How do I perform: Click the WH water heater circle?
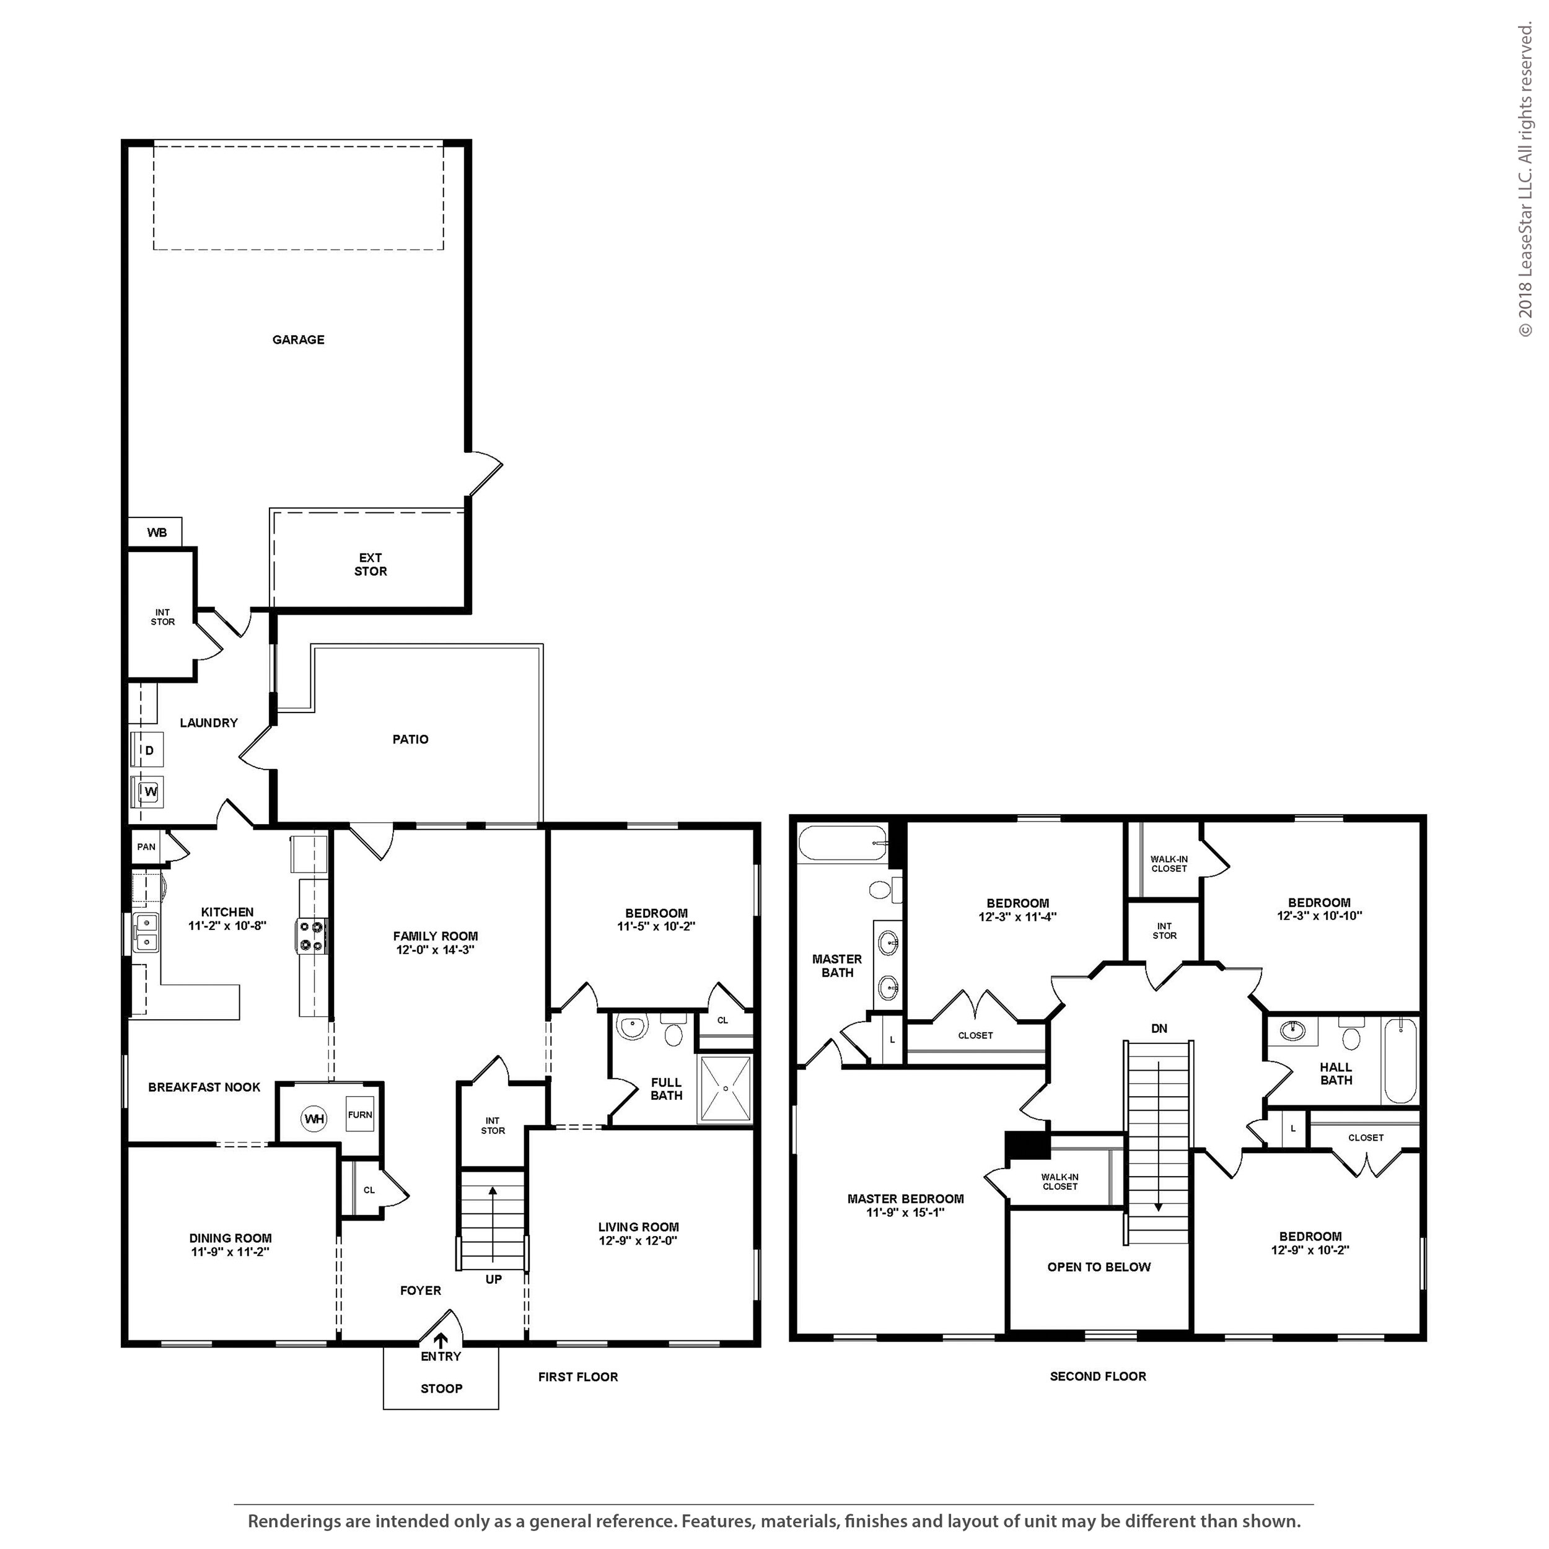(x=314, y=1118)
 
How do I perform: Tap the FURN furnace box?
(x=360, y=1115)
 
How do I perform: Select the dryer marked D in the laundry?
(x=147, y=750)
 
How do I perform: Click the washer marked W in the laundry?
(x=148, y=792)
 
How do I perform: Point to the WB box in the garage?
(x=156, y=532)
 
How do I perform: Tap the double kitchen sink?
(x=146, y=932)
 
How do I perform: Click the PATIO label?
(x=411, y=739)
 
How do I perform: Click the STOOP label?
(x=442, y=1389)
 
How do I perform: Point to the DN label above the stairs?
(x=1159, y=1029)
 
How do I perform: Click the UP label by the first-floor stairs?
(x=494, y=1279)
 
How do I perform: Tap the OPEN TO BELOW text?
(x=1099, y=1267)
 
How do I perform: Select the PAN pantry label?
(x=146, y=846)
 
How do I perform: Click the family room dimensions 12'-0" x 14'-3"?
(x=436, y=950)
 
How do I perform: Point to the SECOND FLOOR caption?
(x=1099, y=1377)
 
